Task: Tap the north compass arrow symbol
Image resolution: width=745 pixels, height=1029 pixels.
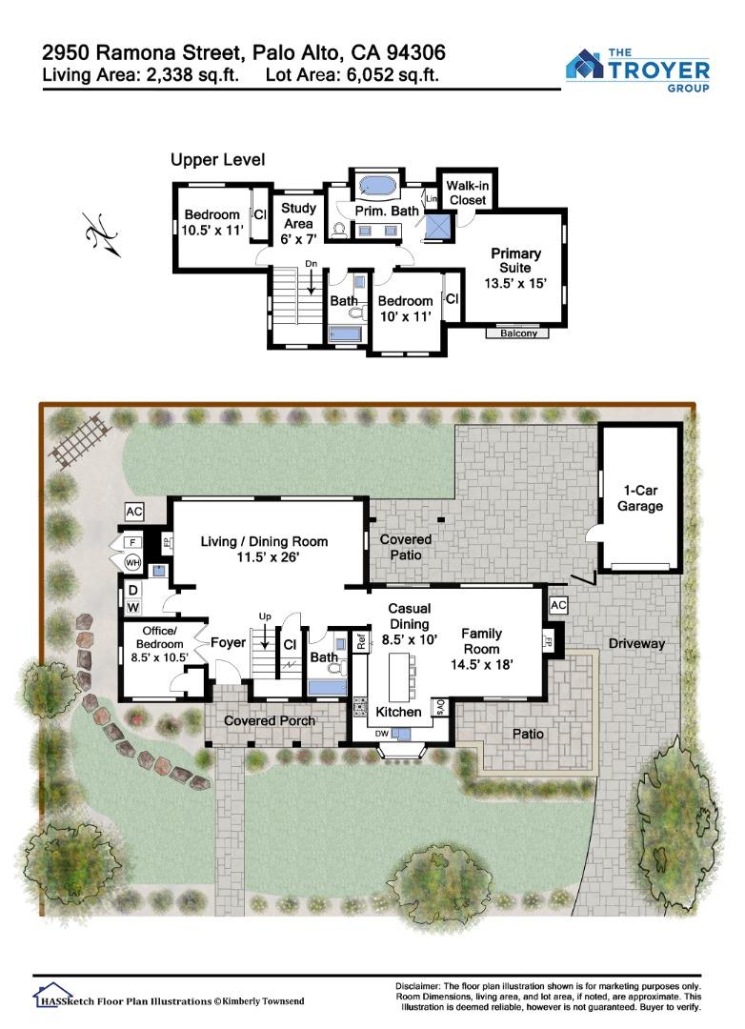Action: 103,234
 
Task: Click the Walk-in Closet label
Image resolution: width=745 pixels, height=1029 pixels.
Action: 468,192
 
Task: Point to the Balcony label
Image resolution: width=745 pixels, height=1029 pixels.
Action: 518,333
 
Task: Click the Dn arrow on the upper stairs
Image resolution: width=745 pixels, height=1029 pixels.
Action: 312,280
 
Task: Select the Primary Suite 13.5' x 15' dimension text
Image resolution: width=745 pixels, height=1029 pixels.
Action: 515,284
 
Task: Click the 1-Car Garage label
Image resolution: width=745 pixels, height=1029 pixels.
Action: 640,498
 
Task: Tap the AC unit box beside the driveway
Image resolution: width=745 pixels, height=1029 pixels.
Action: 558,605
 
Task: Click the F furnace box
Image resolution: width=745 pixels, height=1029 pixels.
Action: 133,543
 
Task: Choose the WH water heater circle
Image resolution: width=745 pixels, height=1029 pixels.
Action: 132,562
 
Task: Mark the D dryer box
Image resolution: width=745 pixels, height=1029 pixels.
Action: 133,591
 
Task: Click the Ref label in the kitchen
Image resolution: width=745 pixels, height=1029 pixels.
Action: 361,642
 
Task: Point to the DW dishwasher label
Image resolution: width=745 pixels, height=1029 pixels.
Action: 381,734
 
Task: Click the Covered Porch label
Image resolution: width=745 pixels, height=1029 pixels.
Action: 269,720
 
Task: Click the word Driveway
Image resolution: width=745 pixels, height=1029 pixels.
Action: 636,644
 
